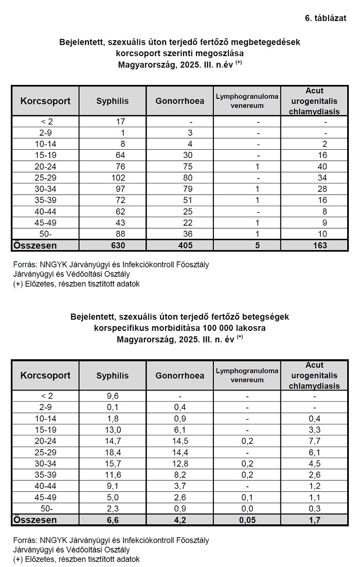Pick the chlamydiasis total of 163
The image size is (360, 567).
click(319, 245)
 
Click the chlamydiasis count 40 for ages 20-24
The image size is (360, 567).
click(322, 166)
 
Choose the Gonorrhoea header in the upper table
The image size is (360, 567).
click(179, 101)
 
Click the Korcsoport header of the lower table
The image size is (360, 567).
click(45, 375)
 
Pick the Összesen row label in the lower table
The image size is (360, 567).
click(35, 520)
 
